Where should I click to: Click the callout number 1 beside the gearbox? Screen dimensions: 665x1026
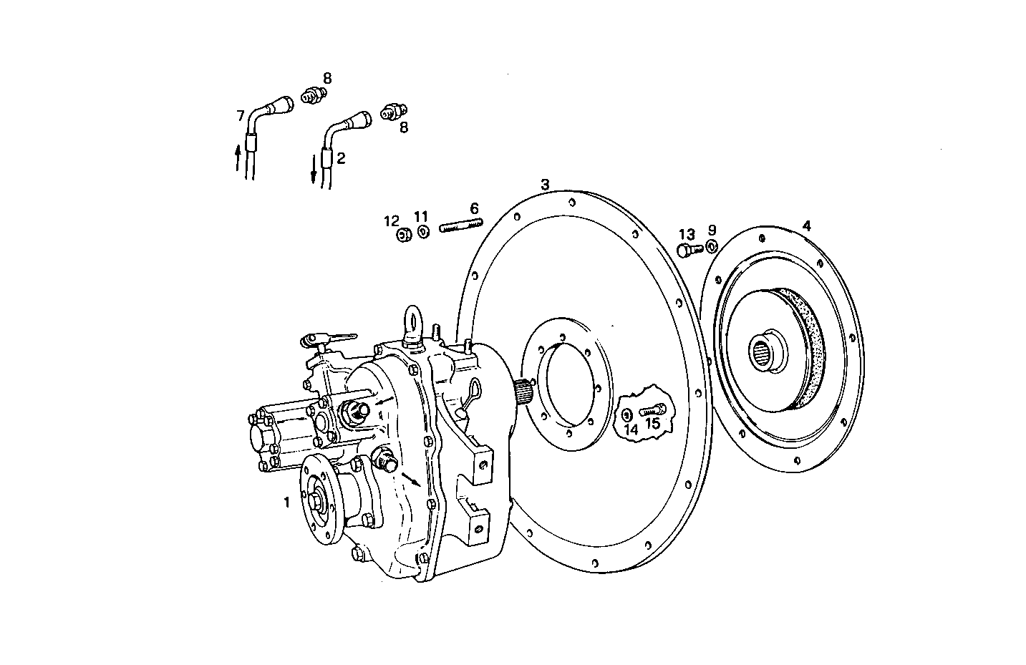pos(286,503)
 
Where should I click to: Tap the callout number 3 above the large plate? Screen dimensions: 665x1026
pos(545,185)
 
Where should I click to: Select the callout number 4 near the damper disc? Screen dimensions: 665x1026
pos(806,226)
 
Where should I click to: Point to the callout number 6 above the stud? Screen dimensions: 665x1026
pos(474,208)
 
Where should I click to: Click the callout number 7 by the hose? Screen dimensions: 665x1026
pos(241,115)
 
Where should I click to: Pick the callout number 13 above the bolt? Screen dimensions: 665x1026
pos(687,234)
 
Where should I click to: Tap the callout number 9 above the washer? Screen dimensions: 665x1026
pos(712,230)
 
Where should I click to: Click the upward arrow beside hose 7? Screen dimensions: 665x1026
pos(238,156)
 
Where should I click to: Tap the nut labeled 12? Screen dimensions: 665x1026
pos(403,234)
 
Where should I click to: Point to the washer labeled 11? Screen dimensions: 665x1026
pos(423,232)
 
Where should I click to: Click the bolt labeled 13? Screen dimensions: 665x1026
pos(687,250)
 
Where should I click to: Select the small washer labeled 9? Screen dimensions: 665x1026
pos(711,247)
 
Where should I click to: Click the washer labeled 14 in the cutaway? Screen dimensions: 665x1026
pos(627,414)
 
